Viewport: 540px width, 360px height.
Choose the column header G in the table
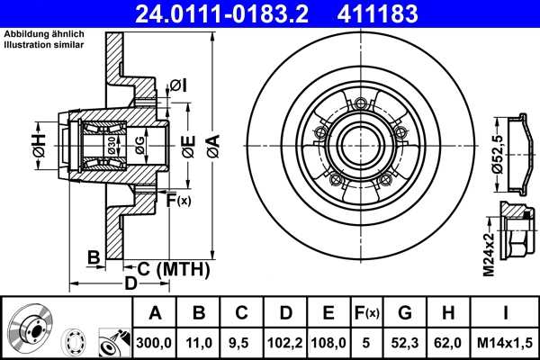pyautogui.click(x=405, y=313)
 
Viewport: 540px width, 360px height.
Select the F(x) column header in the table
pyautogui.click(x=366, y=313)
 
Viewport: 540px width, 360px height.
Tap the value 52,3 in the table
pyautogui.click(x=405, y=342)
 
